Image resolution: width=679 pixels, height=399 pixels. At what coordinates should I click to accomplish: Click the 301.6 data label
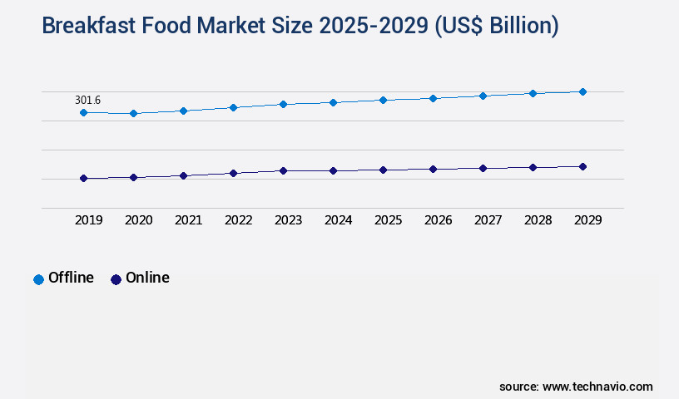[87, 101]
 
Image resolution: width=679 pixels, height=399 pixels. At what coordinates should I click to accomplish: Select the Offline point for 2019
[83, 112]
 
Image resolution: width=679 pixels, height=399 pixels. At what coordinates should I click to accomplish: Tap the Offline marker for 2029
[582, 91]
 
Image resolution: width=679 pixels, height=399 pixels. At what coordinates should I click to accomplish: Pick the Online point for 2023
[283, 170]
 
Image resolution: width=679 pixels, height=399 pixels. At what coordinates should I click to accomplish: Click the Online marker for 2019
[83, 178]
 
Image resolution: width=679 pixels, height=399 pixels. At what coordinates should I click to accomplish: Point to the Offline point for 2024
[333, 102]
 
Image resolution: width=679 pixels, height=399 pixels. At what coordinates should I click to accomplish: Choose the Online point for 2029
[582, 166]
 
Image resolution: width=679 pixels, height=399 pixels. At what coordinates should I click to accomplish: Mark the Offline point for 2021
[183, 111]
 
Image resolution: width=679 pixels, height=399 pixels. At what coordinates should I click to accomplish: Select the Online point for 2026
[433, 169]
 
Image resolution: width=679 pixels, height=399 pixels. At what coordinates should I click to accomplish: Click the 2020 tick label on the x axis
[138, 220]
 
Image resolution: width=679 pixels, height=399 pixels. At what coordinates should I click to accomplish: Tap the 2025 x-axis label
[388, 220]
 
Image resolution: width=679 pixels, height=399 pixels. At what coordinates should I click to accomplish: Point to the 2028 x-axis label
[538, 220]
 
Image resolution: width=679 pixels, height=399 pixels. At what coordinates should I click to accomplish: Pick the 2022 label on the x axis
[238, 220]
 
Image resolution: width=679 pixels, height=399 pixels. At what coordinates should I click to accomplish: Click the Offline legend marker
[38, 279]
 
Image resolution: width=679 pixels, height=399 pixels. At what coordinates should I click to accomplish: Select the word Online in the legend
[147, 278]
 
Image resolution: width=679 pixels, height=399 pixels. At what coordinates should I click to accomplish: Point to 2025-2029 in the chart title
[383, 27]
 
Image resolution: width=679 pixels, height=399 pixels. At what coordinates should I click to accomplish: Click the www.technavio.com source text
[597, 387]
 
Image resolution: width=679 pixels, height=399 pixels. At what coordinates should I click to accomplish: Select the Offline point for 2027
[483, 96]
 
